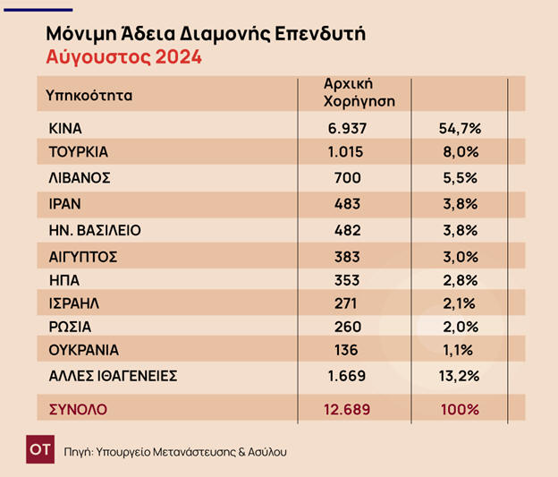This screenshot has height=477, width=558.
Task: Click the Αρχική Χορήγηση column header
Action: pyautogui.click(x=359, y=93)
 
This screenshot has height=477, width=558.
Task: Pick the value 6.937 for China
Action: pyautogui.click(x=348, y=129)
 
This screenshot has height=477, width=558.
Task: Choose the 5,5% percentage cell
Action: pyautogui.click(x=459, y=179)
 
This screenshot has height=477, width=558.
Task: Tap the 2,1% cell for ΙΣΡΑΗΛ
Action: pyautogui.click(x=459, y=303)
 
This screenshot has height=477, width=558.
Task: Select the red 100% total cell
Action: pyautogui.click(x=459, y=410)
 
